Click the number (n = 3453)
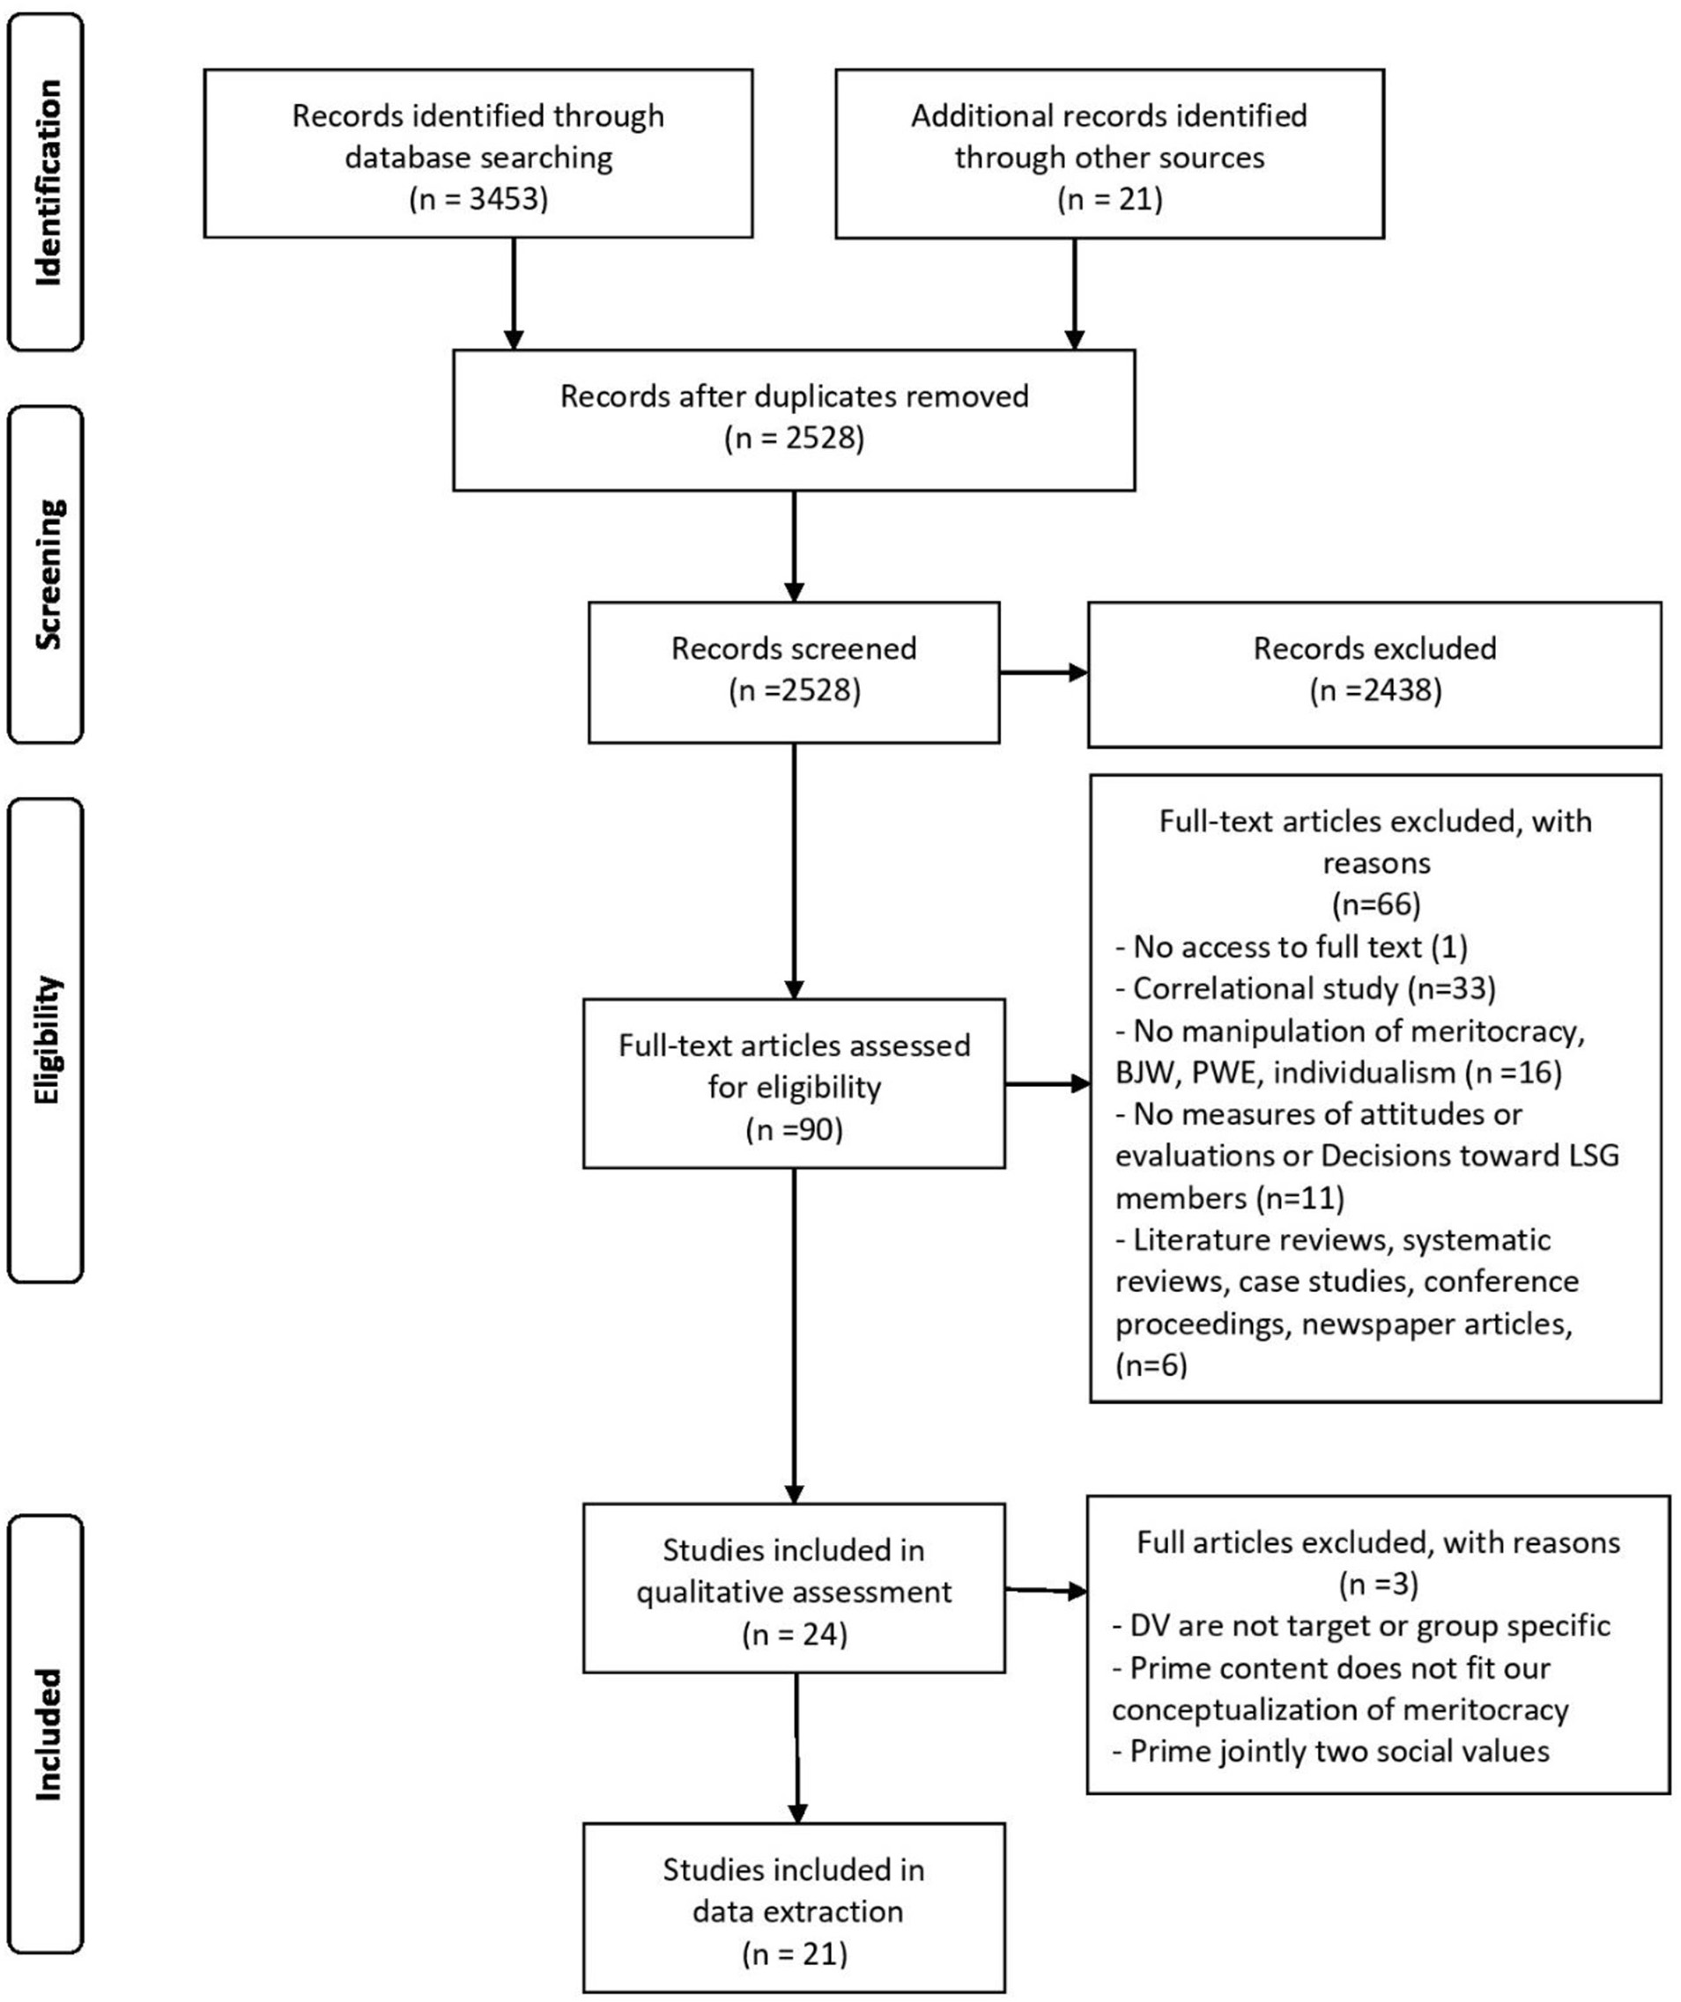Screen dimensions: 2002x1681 pyautogui.click(x=478, y=199)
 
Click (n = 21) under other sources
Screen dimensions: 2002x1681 pyautogui.click(x=1109, y=199)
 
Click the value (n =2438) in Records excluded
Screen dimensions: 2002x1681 pyautogui.click(x=1374, y=691)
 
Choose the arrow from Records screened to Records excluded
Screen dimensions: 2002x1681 pyautogui.click(x=1043, y=672)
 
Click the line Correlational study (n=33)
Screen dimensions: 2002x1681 pyautogui.click(x=1305, y=988)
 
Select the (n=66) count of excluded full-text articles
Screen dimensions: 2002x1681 pyautogui.click(x=1375, y=904)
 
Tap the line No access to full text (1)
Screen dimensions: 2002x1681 pyautogui.click(x=1291, y=947)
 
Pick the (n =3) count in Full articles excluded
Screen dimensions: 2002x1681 pyautogui.click(x=1378, y=1585)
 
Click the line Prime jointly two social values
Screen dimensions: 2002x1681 pyautogui.click(x=1330, y=1751)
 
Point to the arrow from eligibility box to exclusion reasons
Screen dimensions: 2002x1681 pyautogui.click(x=1047, y=1084)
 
